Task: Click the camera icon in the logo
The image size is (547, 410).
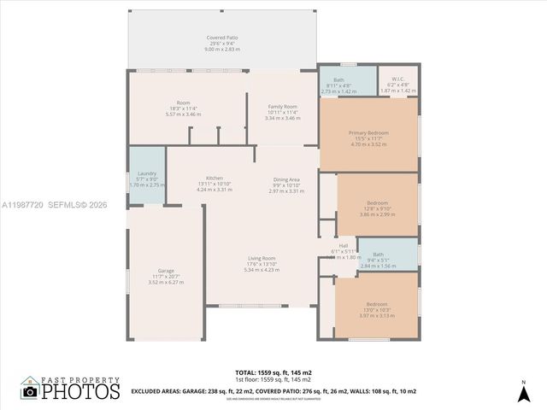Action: pyautogui.click(x=30, y=391)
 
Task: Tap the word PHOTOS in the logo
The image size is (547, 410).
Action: pyautogui.click(x=81, y=391)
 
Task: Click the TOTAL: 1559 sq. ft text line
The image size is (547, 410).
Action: pyautogui.click(x=273, y=373)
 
